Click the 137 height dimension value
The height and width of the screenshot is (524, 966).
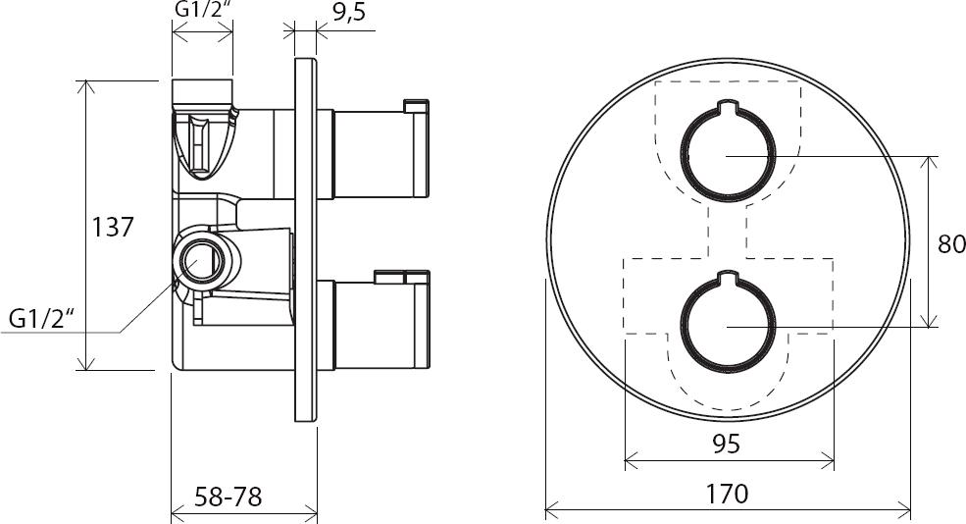tap(112, 227)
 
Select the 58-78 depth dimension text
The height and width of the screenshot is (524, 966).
tap(228, 497)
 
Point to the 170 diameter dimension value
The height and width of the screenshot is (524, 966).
tap(727, 494)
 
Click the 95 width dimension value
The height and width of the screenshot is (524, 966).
tap(726, 444)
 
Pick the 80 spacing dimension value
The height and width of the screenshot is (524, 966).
tap(951, 244)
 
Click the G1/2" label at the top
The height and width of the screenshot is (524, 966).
tap(203, 9)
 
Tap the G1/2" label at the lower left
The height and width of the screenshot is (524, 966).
tap(40, 319)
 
